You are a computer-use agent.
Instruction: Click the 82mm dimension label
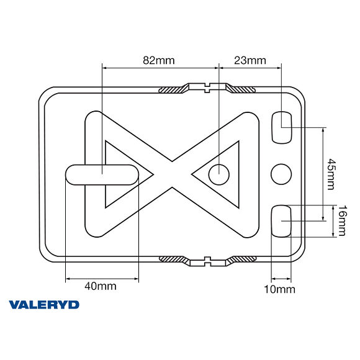point(159,60)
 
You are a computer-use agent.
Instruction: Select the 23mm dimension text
point(250,60)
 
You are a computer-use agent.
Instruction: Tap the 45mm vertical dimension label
point(331,174)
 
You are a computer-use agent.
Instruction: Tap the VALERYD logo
point(44,305)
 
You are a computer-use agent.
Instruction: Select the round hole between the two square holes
point(281,174)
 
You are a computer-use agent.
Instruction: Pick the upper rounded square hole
point(283,127)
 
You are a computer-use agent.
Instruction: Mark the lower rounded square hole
point(283,220)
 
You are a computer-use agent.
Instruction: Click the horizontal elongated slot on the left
point(102,174)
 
